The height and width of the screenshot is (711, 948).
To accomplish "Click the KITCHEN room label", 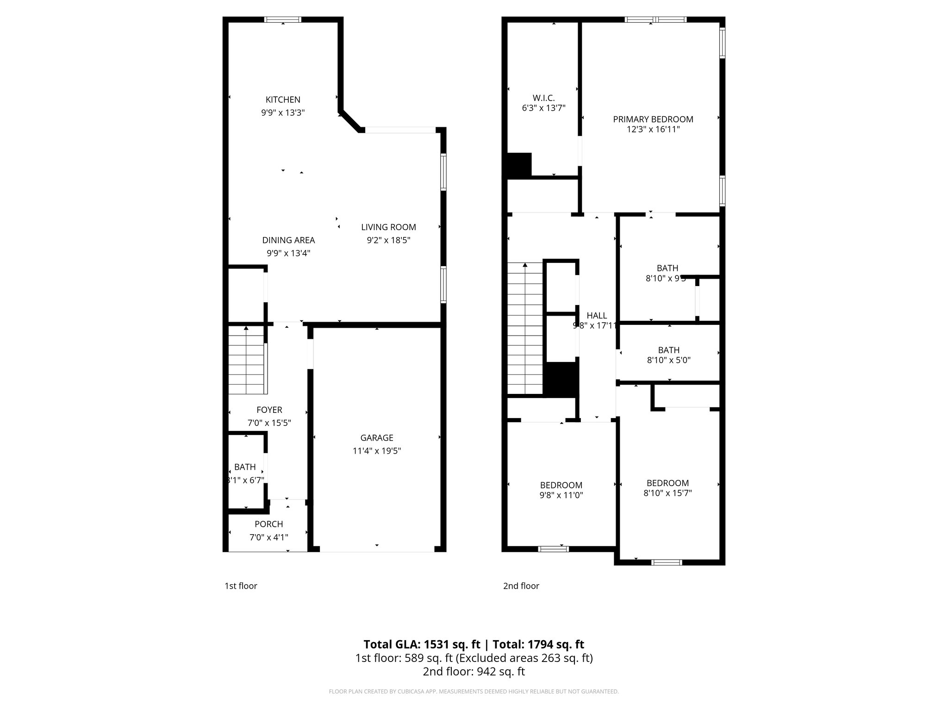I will click(x=283, y=100).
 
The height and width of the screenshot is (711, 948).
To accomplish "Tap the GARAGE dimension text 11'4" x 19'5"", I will click(x=376, y=451).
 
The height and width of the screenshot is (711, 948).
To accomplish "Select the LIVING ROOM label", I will click(x=388, y=227).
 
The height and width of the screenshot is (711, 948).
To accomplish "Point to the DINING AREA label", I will click(x=288, y=240).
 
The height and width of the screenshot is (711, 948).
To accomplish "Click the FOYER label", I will click(x=269, y=410).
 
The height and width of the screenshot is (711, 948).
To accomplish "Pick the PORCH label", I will click(x=268, y=524).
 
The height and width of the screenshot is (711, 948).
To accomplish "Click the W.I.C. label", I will click(x=543, y=98).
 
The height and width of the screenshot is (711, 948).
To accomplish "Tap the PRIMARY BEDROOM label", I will click(x=653, y=119).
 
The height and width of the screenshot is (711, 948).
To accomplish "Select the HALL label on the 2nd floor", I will click(x=597, y=316).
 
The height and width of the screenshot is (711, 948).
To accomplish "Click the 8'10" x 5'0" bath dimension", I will click(x=668, y=360).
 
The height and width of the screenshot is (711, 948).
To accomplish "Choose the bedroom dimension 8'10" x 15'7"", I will click(x=667, y=493).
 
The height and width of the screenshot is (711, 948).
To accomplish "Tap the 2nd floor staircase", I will click(x=525, y=329).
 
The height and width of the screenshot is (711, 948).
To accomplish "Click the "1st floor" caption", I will click(x=241, y=586).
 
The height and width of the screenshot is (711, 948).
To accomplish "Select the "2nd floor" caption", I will click(x=521, y=586).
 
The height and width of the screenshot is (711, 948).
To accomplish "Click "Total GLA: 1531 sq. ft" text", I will click(x=422, y=644).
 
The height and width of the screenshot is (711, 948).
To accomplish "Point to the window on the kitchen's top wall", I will click(x=282, y=19).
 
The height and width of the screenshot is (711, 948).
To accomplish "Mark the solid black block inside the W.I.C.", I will click(x=519, y=165).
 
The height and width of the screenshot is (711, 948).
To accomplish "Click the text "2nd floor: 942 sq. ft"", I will click(x=474, y=671).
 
